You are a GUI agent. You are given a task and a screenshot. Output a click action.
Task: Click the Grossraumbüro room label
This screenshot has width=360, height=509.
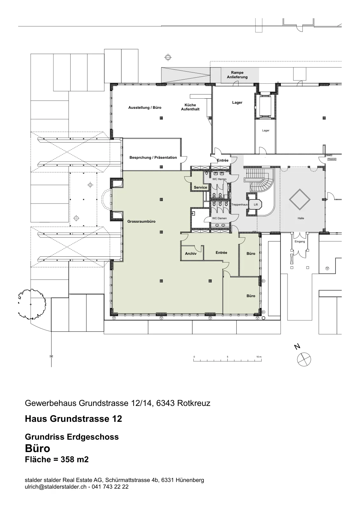(141, 221)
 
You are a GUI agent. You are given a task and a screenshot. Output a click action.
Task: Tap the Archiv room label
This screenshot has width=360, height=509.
(190, 253)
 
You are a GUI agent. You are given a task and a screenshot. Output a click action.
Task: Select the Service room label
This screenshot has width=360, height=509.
(200, 187)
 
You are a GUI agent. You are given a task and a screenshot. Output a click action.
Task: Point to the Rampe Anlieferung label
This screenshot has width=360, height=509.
(237, 75)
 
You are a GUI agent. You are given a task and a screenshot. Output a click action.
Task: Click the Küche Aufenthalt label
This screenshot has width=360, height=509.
(190, 107)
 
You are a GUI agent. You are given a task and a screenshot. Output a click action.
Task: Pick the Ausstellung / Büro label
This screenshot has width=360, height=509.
(145, 108)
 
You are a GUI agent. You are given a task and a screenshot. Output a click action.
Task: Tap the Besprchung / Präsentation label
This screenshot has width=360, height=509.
(153, 157)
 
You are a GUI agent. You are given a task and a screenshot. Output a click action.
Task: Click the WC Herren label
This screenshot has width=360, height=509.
(219, 179)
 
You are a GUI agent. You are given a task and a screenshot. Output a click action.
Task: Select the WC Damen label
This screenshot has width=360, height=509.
(219, 218)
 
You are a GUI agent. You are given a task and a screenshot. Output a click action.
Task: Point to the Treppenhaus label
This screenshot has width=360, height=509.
(239, 205)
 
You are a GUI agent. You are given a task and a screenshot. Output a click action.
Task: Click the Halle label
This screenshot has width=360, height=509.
(301, 218)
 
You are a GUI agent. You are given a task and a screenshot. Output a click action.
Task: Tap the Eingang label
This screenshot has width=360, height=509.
(300, 241)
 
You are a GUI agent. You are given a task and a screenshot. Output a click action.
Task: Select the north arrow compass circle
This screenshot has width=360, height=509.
(304, 359)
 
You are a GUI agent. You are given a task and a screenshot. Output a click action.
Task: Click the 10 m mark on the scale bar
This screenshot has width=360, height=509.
(259, 357)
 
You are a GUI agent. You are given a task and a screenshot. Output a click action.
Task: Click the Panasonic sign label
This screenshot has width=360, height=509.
(332, 159)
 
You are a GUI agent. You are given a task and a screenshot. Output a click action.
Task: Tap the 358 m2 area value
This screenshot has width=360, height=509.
(74, 459)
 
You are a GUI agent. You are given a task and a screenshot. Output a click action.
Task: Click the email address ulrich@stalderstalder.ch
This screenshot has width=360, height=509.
(56, 486)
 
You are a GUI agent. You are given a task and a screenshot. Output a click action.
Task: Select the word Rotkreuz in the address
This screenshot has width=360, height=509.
(194, 403)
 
